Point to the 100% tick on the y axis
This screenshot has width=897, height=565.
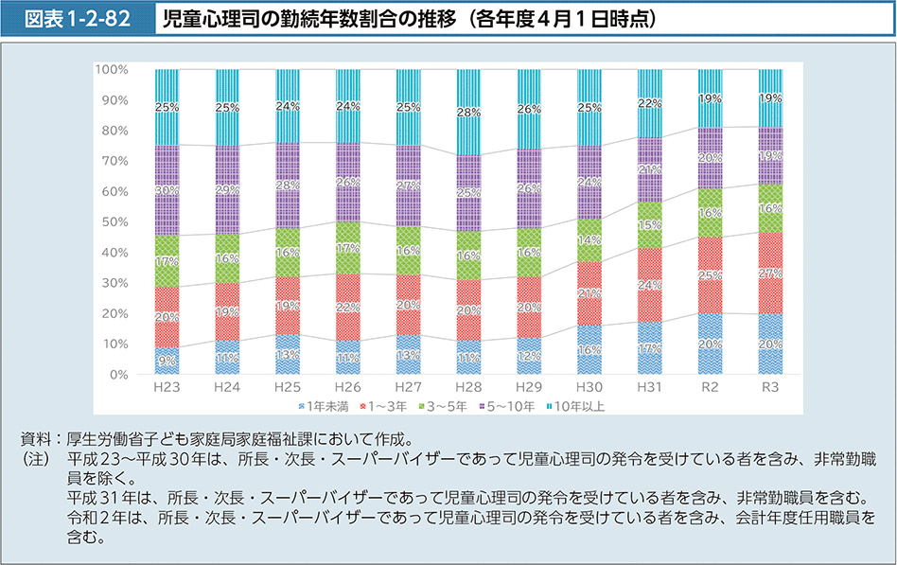(113, 70)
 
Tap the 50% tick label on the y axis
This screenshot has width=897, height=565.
(115, 222)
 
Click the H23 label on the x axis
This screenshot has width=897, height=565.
(167, 388)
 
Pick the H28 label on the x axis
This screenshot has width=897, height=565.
(468, 388)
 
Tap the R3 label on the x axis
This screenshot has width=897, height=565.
(769, 388)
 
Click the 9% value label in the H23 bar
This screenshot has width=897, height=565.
(167, 361)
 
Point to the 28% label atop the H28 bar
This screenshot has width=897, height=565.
(468, 113)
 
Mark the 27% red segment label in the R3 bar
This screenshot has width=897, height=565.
(769, 274)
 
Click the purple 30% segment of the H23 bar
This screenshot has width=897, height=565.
(167, 190)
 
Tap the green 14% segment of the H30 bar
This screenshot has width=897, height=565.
(589, 240)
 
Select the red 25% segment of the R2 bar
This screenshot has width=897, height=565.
(709, 275)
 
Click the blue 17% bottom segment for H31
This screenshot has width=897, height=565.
(649, 348)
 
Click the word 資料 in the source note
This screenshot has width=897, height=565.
(37, 439)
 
